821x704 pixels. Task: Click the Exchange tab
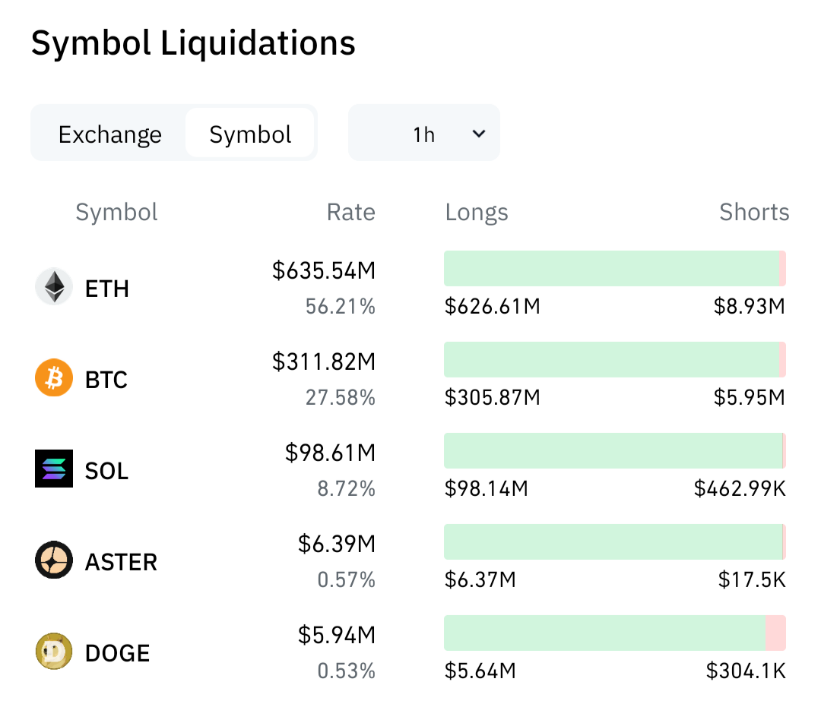110,134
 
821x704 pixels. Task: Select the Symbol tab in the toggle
250,134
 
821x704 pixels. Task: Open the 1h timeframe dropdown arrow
479,134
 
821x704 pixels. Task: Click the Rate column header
350,212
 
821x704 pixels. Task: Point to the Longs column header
477,213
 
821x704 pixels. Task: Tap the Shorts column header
754,212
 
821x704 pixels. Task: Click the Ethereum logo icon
54,286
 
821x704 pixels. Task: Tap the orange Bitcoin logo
54,377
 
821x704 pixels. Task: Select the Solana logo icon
54,469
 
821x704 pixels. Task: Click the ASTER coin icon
54,560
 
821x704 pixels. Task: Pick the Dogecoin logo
54,651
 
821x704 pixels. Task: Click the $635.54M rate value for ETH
324,270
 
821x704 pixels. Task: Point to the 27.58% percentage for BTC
341,397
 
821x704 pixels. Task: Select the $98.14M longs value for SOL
487,488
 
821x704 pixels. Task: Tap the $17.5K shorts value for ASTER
752,579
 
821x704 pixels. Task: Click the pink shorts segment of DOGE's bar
775,633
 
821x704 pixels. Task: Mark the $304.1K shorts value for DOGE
746,671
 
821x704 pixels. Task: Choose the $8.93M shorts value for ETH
750,306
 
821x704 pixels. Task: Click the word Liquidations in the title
258,43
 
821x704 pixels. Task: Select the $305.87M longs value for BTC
492,397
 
